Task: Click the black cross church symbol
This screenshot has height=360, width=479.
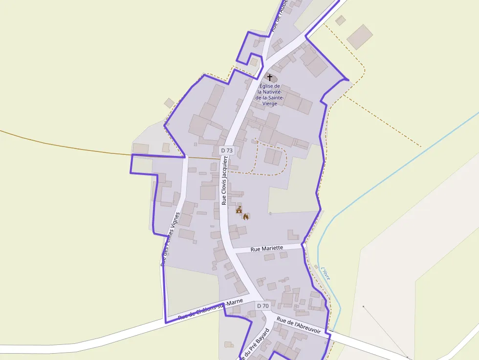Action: pos(269,77)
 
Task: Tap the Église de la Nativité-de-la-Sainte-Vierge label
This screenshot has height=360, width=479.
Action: pos(270,95)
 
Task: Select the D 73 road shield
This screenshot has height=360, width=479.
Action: pos(227,150)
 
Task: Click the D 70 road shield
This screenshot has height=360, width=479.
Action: pos(263,306)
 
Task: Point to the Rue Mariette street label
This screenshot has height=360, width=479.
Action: pos(266,249)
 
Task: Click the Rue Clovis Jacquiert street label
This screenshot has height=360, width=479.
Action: pos(225,181)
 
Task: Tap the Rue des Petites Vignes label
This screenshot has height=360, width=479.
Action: pos(170,239)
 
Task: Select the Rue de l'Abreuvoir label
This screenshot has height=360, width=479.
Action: pos(298,326)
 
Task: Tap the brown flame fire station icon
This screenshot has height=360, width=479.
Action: pos(246,216)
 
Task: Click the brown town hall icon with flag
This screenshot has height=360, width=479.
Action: pos(239,210)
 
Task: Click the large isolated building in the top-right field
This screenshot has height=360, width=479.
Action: pos(360,37)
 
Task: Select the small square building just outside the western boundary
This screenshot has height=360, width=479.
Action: pos(169,103)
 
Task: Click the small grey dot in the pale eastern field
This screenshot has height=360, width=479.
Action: pos(363,307)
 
